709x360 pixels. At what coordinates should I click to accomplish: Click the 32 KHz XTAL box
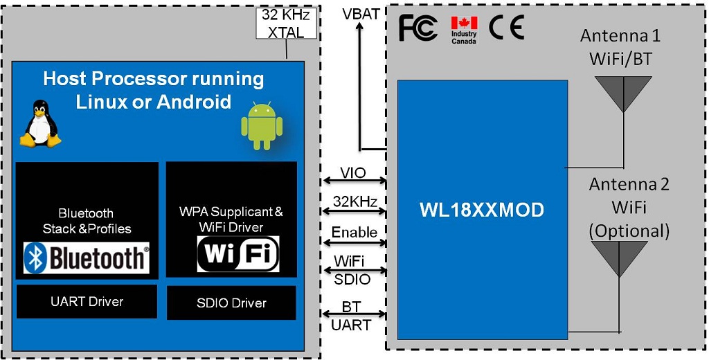coord(286,23)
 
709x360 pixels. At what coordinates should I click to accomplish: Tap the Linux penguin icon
coord(39,124)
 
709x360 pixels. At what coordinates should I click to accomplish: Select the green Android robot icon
coord(262,125)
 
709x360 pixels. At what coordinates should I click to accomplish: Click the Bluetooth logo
coord(87,258)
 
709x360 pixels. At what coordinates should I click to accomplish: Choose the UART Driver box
coord(87,301)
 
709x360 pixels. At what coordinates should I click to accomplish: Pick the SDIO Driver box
coord(231,303)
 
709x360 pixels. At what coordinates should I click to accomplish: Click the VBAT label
coord(361,14)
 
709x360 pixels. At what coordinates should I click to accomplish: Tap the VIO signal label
coord(353,172)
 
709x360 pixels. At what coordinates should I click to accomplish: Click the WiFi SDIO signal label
coord(352,269)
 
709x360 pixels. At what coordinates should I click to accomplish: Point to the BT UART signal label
coord(352,316)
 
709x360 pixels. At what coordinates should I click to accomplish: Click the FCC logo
coord(418,28)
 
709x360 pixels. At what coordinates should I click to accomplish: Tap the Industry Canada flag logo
coord(464,30)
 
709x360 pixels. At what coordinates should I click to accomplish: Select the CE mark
coord(506,28)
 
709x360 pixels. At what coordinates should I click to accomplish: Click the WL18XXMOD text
coord(482,210)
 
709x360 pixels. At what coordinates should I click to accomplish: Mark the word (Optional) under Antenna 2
coord(629,230)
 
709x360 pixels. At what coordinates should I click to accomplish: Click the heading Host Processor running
coord(153,78)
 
